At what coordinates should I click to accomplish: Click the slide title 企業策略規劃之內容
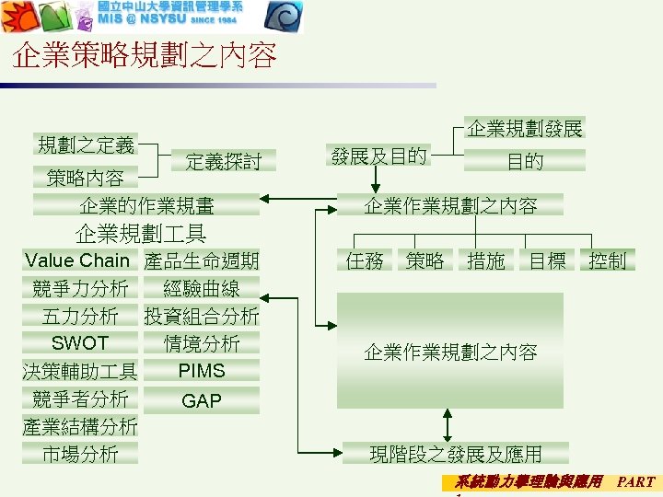pyautogui.click(x=145, y=57)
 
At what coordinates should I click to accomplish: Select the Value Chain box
pyautogui.click(x=77, y=260)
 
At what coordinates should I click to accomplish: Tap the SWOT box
pyautogui.click(x=80, y=343)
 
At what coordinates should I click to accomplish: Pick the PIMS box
pyautogui.click(x=202, y=371)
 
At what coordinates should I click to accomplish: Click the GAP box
pyautogui.click(x=202, y=400)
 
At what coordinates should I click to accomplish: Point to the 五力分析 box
pyautogui.click(x=80, y=316)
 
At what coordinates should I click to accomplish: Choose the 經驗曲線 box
pyautogui.click(x=202, y=288)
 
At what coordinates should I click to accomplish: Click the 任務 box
pyautogui.click(x=365, y=260)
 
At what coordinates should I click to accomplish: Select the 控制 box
pyautogui.click(x=607, y=260)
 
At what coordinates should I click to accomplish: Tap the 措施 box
pyautogui.click(x=485, y=260)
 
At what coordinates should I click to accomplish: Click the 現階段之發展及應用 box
pyautogui.click(x=455, y=453)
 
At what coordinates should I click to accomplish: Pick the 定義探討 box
pyautogui.click(x=224, y=162)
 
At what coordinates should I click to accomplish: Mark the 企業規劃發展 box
pyautogui.click(x=525, y=128)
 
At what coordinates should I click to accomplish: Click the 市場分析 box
pyautogui.click(x=80, y=454)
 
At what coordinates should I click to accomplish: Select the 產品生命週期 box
pyautogui.click(x=202, y=260)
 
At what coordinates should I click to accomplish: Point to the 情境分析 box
pyautogui.click(x=202, y=343)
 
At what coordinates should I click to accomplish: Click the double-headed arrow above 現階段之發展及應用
pyautogui.click(x=448, y=424)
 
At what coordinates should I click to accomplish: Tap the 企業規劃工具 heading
pyautogui.click(x=140, y=233)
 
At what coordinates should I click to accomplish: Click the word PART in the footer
pyautogui.click(x=635, y=481)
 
